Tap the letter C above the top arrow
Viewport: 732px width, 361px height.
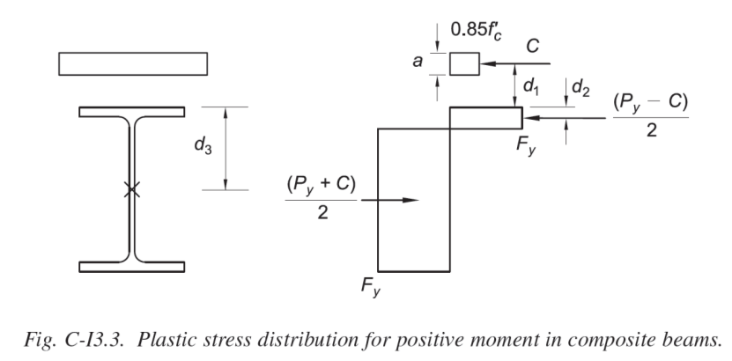coord(533,46)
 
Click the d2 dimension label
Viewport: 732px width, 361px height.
coord(581,87)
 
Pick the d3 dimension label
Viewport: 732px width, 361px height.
coord(203,146)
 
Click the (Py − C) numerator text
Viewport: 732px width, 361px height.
coord(651,101)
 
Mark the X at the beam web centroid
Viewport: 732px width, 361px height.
coord(132,188)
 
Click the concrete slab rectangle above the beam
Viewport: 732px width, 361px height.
coord(133,64)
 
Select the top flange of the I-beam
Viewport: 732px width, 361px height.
coord(132,112)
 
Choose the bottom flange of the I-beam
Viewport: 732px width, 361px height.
coord(132,266)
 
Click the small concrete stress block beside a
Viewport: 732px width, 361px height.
coord(464,64)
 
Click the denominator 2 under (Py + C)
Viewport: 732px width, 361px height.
coord(322,214)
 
